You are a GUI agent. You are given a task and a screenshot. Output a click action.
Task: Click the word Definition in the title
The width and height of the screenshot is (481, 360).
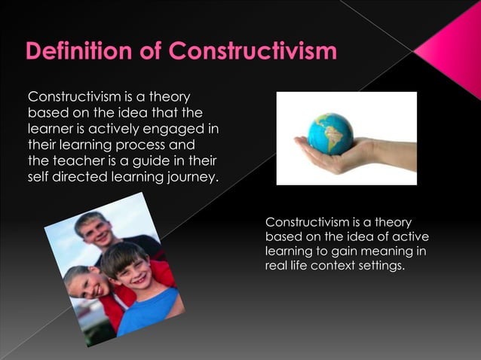75,52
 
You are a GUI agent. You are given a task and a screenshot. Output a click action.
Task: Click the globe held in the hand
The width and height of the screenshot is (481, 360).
330,133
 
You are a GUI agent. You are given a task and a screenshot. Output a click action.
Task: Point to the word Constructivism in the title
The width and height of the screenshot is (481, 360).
253,52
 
